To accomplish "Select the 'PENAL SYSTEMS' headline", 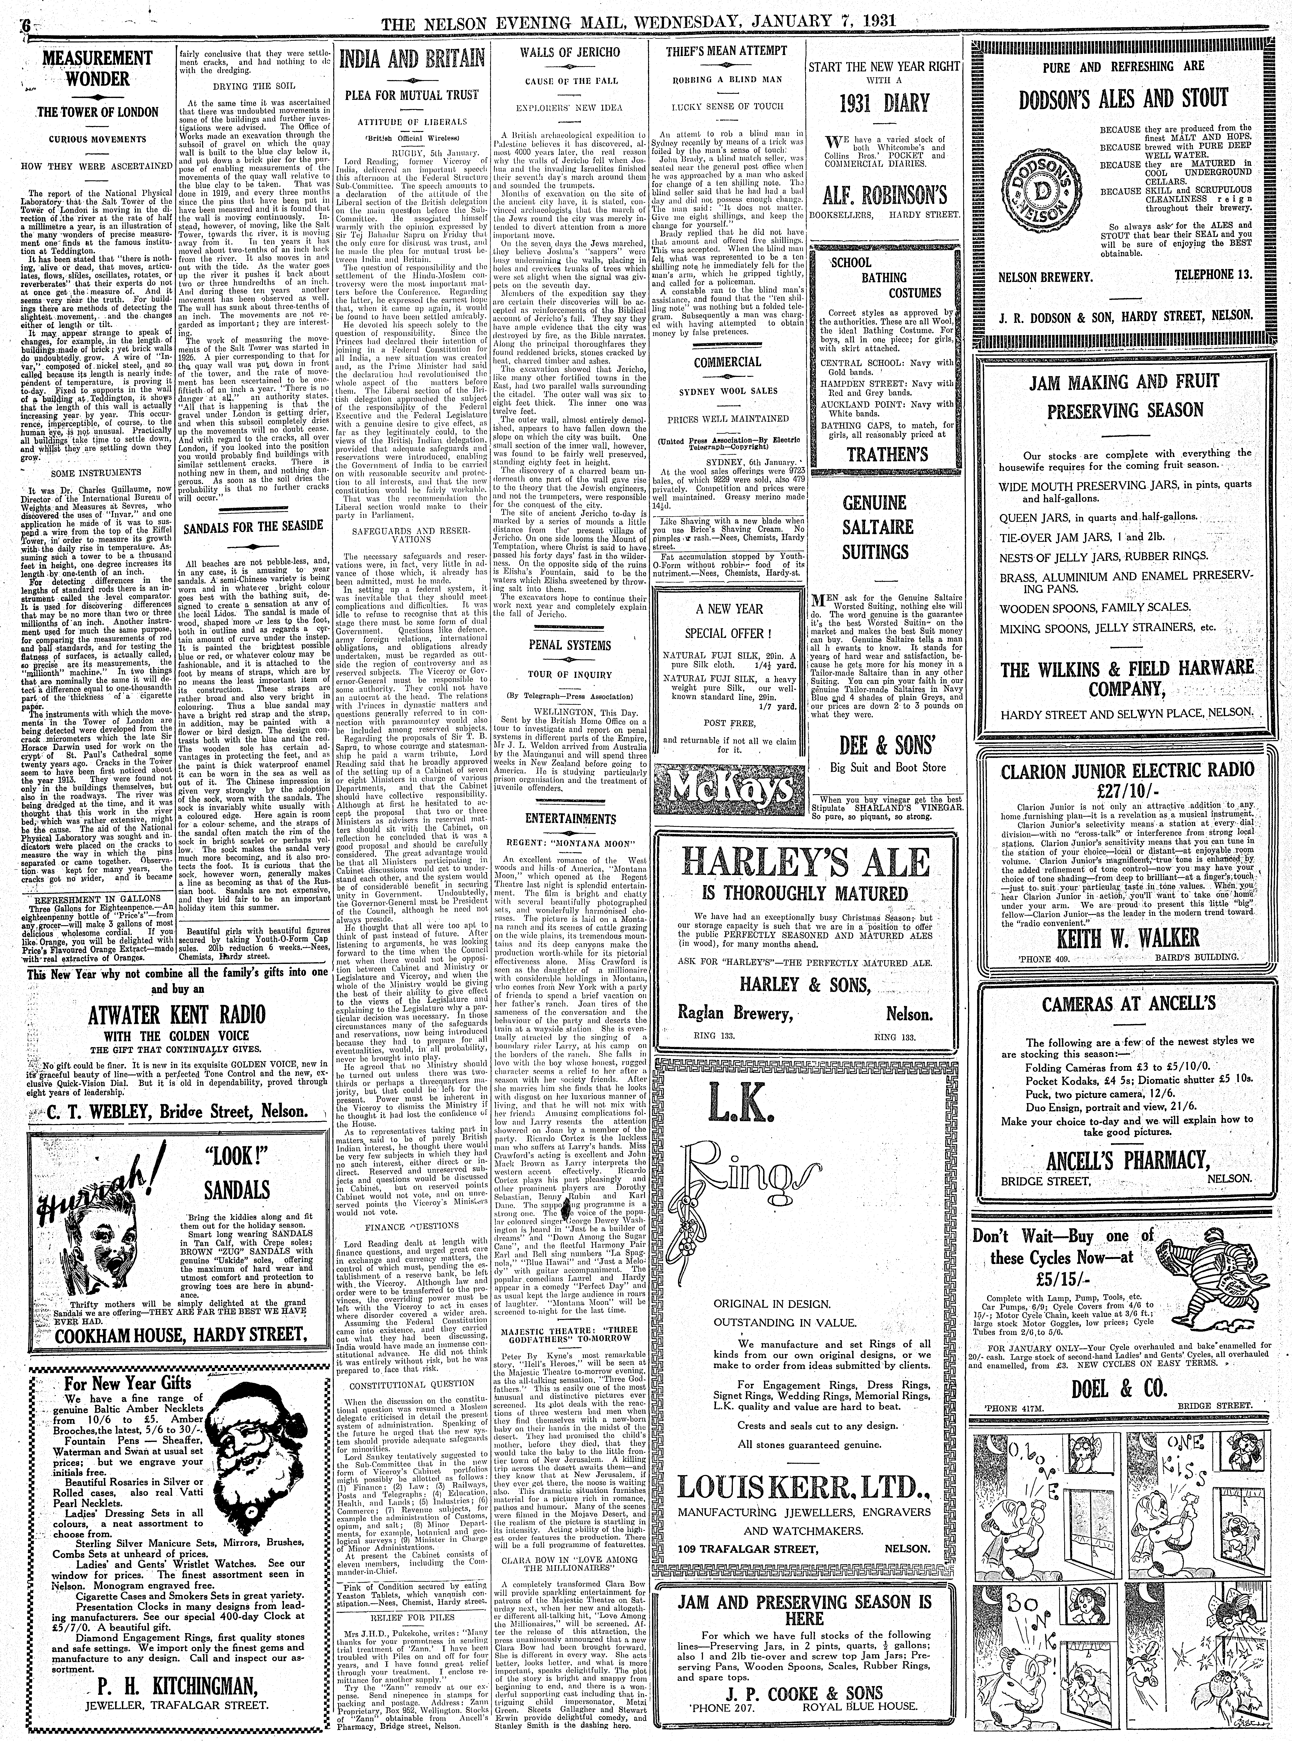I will tap(568, 645).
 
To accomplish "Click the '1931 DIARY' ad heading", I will tap(884, 103).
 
